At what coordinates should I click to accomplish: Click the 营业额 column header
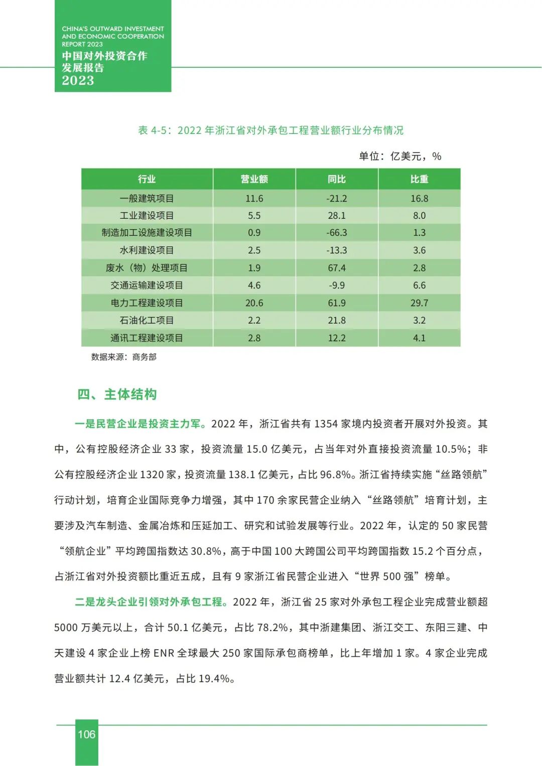tap(254, 179)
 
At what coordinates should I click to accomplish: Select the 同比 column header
tap(336, 179)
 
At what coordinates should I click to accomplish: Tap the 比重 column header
tap(419, 179)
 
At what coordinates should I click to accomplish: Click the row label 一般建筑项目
tap(147, 199)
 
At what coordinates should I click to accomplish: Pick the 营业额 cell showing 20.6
tap(254, 303)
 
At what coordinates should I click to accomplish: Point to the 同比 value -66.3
tap(336, 233)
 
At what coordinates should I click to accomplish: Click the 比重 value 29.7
tap(419, 303)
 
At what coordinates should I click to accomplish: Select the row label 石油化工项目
tap(147, 321)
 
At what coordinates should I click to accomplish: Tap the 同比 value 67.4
tap(336, 268)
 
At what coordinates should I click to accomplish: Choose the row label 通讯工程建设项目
tap(147, 338)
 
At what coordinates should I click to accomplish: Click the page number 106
tap(86, 734)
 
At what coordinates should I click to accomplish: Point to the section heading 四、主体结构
tap(117, 395)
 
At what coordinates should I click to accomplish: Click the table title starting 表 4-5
tap(270, 130)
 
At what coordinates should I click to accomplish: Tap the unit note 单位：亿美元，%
tap(400, 156)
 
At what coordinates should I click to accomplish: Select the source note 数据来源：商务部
tap(123, 357)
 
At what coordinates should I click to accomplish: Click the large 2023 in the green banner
tap(78, 80)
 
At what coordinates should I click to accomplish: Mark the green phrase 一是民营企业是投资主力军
tap(140, 424)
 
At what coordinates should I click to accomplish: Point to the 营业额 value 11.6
tap(254, 199)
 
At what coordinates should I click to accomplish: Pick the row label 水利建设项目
tap(147, 250)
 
